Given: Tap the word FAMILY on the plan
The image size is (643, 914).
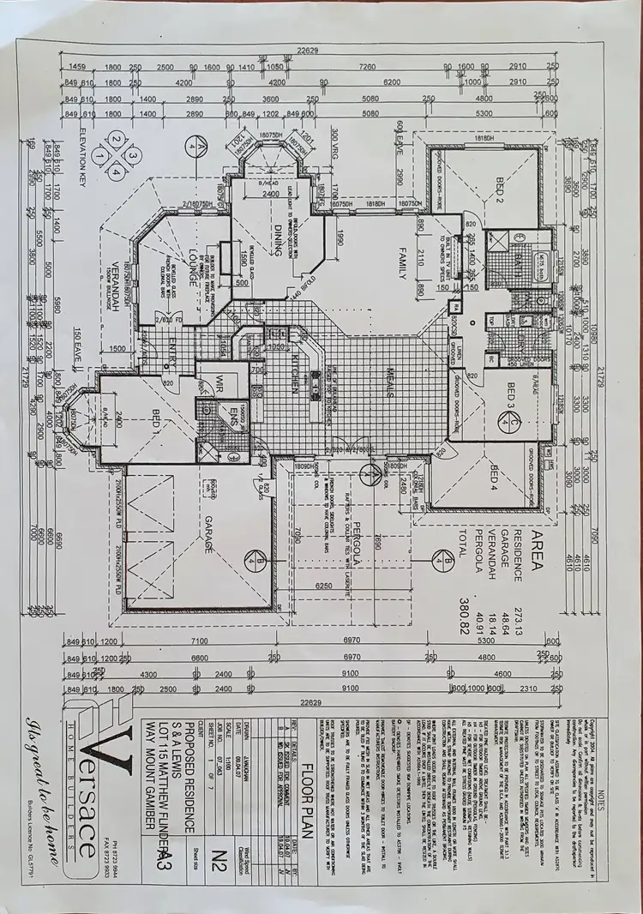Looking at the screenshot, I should pos(399,262).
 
